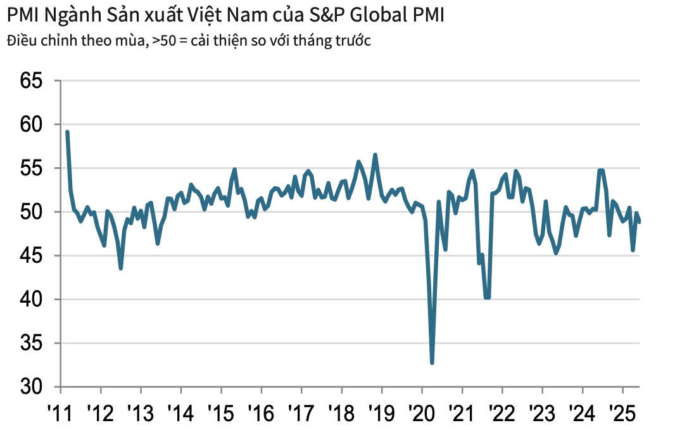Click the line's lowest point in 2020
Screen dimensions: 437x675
432,363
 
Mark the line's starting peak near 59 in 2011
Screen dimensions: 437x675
67,132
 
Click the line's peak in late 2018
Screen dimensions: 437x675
375,155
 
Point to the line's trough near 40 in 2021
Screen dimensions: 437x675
487,297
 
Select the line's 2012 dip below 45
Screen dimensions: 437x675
120,269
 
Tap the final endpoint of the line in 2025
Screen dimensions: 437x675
640,222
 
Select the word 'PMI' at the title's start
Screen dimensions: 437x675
22,15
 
